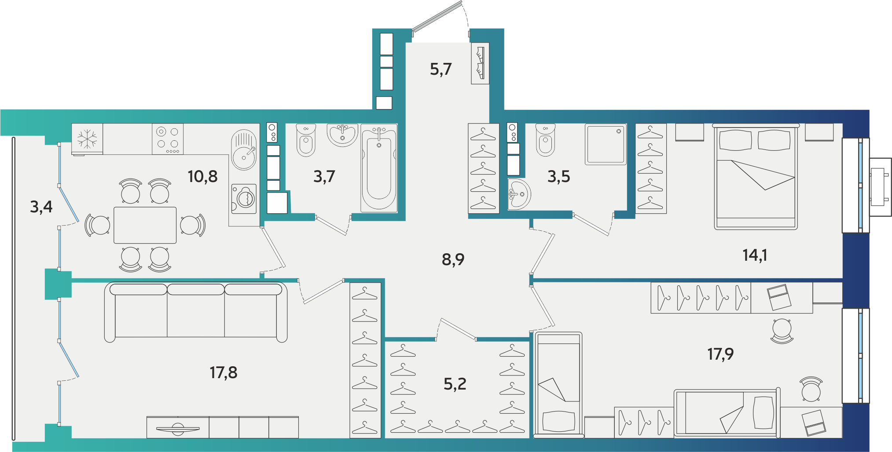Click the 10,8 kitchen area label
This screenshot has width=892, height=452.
click(x=202, y=177)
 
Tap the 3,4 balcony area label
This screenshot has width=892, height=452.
click(x=41, y=207)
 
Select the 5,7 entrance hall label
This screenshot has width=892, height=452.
click(x=440, y=69)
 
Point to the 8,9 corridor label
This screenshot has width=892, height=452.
click(x=453, y=260)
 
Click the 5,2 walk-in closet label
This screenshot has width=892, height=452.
click(x=455, y=384)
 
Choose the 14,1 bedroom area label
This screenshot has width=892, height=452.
click(x=755, y=255)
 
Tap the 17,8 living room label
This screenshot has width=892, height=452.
click(x=224, y=373)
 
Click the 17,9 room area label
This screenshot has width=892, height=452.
click(x=720, y=354)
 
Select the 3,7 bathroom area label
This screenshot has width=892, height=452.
click(x=324, y=177)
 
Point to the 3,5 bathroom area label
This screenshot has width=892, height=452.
click(x=559, y=177)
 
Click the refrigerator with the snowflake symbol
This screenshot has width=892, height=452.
click(x=87, y=139)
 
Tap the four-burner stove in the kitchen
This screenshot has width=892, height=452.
click(x=168, y=139)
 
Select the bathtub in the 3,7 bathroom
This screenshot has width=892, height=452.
click(x=379, y=168)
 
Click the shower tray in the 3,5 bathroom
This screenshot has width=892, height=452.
click(x=606, y=144)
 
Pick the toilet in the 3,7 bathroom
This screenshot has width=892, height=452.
click(x=306, y=140)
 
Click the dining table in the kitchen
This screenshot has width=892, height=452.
click(x=145, y=225)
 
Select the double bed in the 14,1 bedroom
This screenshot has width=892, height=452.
click(x=756, y=177)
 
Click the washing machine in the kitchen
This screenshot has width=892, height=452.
click(x=244, y=199)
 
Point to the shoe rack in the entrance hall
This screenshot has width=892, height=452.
click(x=480, y=63)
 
